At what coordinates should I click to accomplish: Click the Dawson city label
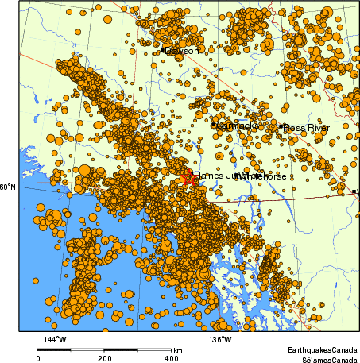(182, 51)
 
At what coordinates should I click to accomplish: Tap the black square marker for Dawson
(163, 50)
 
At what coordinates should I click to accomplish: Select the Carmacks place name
(236, 126)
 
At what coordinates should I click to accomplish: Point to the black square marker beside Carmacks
(213, 124)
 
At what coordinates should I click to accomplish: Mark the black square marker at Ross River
(281, 126)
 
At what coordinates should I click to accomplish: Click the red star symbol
(188, 177)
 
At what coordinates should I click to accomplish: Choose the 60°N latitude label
(8, 187)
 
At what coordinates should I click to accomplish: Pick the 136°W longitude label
(220, 341)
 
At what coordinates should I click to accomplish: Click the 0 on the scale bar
(38, 358)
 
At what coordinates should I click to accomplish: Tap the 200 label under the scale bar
(104, 358)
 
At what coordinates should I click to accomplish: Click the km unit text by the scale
(178, 350)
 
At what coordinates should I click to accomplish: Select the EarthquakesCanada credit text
(322, 349)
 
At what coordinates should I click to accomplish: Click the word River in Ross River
(317, 127)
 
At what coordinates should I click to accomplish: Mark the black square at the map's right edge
(354, 191)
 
